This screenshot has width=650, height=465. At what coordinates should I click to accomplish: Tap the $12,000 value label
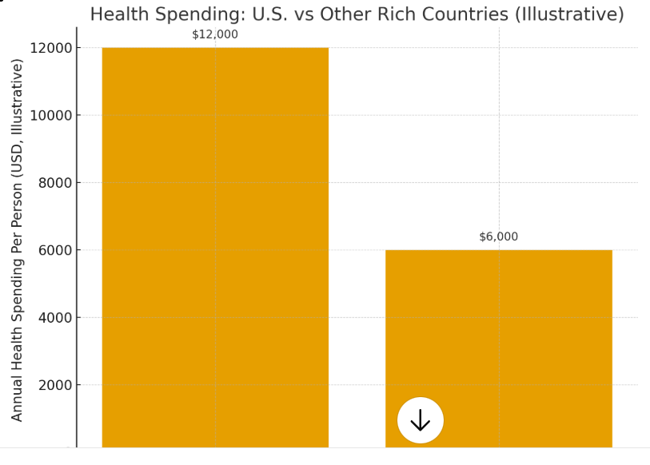[214, 34]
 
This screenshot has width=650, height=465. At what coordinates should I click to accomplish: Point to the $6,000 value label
[498, 236]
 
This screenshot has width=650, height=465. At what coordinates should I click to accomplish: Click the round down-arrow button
[420, 420]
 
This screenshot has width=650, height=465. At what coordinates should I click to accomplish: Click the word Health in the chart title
[117, 14]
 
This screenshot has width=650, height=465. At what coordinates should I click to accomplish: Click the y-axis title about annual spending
[18, 240]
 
